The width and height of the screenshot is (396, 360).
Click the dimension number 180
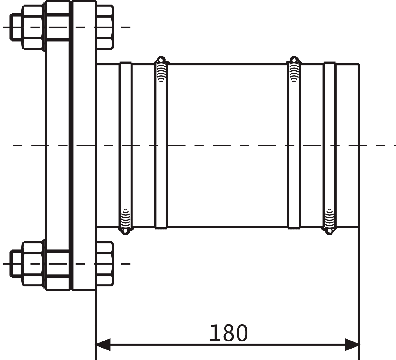[228, 333]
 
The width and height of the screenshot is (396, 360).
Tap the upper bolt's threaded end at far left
[16, 27]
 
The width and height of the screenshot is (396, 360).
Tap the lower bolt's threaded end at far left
[16, 264]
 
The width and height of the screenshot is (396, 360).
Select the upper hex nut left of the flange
[33, 27]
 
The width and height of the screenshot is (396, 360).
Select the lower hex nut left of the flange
[33, 264]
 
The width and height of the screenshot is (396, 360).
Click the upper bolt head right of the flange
[105, 27]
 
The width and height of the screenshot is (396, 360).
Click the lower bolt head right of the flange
[105, 264]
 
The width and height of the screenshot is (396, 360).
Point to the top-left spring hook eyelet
[161, 59]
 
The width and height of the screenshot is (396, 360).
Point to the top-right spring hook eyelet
[294, 59]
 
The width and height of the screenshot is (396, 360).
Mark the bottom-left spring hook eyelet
[126, 231]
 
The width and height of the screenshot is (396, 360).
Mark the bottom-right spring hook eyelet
[329, 231]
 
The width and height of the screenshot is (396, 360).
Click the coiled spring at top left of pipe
[161, 72]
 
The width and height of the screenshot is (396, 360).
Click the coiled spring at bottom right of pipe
[329, 218]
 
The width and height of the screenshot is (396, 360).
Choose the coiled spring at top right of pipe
[294, 72]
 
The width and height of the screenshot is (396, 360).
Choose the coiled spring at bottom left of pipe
[126, 218]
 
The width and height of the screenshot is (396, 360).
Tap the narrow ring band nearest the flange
[126, 146]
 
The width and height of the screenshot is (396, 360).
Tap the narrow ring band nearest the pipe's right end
[329, 146]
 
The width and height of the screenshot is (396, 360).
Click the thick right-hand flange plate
[84, 146]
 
